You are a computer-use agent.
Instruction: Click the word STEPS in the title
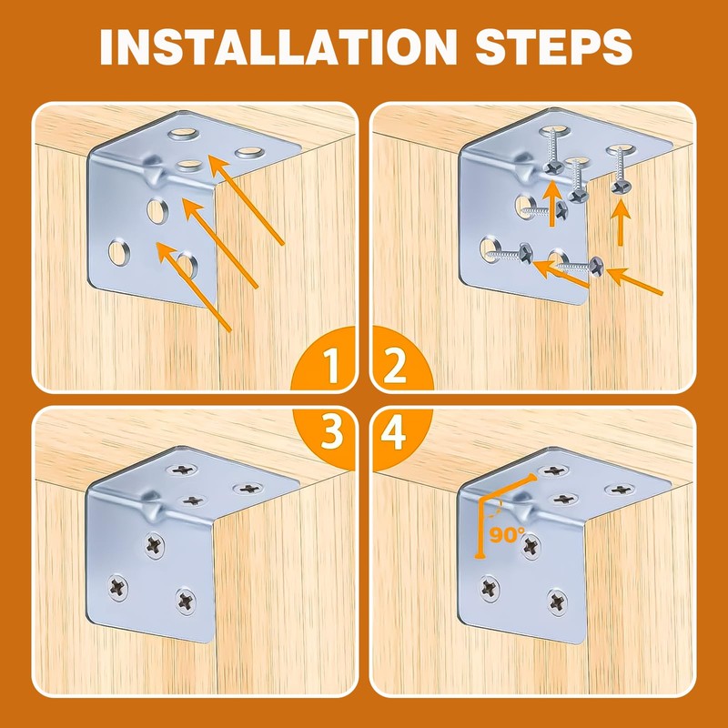pos(553,47)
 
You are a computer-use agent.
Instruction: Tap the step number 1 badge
pos(325,359)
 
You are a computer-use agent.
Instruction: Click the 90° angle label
pos(507,534)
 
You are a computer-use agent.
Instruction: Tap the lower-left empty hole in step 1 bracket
pos(119,252)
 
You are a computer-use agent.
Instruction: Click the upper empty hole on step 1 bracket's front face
pos(157,210)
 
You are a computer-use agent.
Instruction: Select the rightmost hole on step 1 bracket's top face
pos(249,152)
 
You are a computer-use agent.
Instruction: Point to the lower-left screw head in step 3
pos(118,588)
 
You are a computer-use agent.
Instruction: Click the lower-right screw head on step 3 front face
pos(186,601)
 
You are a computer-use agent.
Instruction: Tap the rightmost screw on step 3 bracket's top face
pos(248,489)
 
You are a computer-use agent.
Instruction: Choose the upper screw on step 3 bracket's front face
pos(155,545)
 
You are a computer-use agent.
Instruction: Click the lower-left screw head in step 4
pos(490,588)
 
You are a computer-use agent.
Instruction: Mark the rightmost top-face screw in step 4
pos(621,489)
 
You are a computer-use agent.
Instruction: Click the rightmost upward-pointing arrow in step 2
pos(621,223)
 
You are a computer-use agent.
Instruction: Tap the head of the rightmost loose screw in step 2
pos(596,267)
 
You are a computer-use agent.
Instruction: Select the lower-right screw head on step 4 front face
pos(557,602)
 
